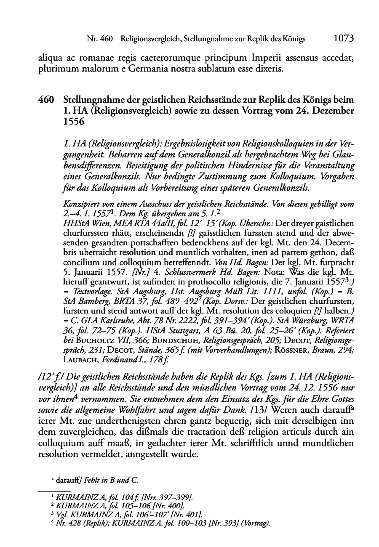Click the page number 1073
(343, 39)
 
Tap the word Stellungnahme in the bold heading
(92, 101)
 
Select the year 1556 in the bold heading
(74, 122)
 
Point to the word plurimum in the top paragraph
(54, 69)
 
